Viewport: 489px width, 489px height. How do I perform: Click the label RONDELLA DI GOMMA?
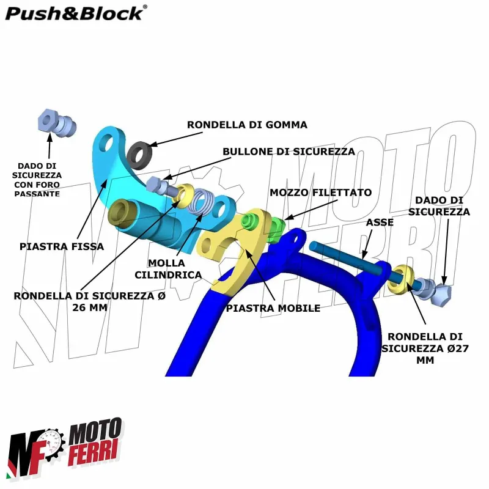click(x=247, y=125)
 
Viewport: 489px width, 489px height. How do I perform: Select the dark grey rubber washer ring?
click(x=141, y=153)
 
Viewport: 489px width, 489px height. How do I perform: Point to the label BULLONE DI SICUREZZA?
click(x=289, y=151)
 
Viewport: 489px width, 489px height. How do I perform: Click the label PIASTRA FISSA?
click(x=62, y=246)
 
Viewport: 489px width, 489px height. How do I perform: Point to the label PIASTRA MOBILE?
click(x=273, y=308)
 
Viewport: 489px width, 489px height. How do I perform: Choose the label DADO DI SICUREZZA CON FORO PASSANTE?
click(x=38, y=179)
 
